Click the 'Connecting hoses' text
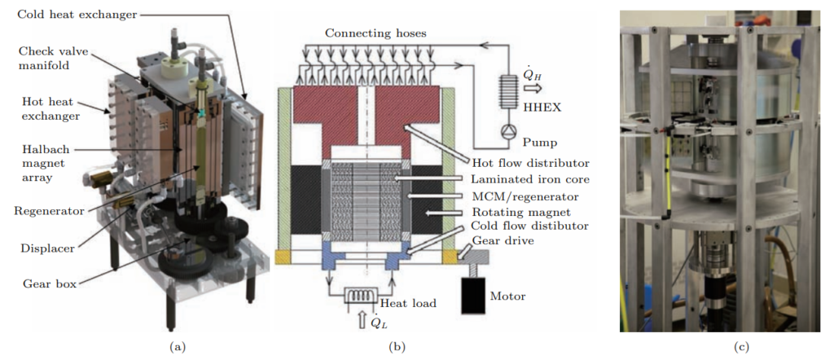tap(374, 33)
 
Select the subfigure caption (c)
tap(740, 348)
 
